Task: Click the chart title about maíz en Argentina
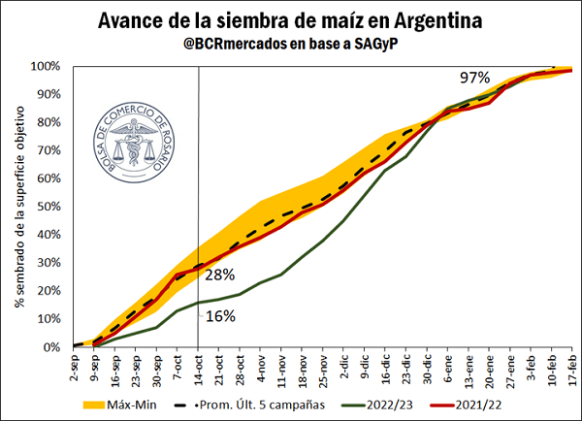(291, 20)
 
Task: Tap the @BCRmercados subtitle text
(291, 45)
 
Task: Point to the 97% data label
(475, 77)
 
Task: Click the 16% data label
(220, 315)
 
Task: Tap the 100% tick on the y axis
(47, 66)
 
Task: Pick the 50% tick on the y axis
(49, 207)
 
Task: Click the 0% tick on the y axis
(53, 347)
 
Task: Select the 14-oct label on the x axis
(198, 371)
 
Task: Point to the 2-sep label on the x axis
(75, 369)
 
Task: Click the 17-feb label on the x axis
(570, 371)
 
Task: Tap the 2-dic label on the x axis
(343, 369)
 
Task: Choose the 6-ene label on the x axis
(447, 369)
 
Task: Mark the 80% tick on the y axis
(49, 122)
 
